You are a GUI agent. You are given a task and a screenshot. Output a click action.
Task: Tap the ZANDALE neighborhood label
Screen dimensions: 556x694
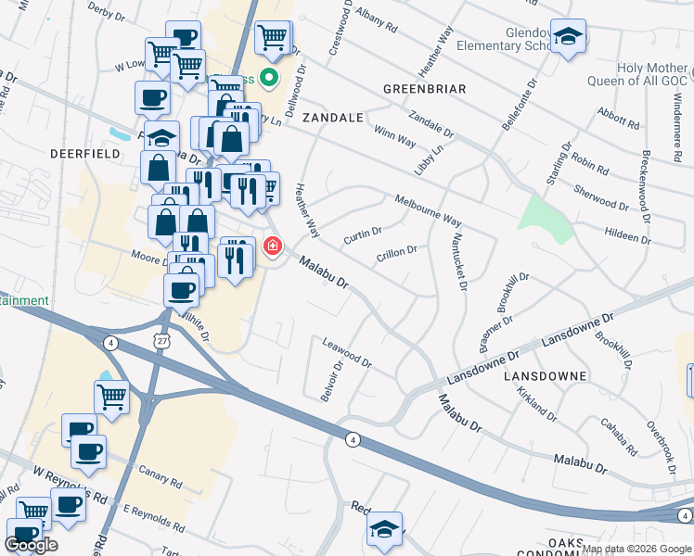[331, 119]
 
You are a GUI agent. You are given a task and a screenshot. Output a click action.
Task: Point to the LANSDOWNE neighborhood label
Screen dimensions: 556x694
[545, 376]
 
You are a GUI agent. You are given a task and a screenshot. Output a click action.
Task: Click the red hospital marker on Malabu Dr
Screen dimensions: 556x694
[273, 246]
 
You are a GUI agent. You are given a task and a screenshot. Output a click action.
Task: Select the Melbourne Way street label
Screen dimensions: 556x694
[428, 210]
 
